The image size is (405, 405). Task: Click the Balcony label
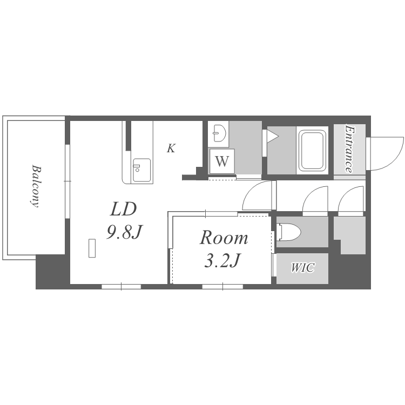(35, 186)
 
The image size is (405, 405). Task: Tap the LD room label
(123, 209)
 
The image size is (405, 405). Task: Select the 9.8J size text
(125, 232)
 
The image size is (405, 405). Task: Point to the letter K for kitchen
(171, 148)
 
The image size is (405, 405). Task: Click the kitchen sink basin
(142, 170)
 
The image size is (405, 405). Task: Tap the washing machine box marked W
(222, 161)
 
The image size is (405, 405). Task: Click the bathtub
(312, 150)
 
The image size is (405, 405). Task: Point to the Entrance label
(349, 149)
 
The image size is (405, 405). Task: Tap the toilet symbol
(288, 232)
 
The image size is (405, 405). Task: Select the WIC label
(303, 268)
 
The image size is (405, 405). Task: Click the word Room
(224, 238)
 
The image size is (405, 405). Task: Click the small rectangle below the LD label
(92, 248)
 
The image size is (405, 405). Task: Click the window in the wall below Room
(222, 286)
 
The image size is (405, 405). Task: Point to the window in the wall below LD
(122, 286)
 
